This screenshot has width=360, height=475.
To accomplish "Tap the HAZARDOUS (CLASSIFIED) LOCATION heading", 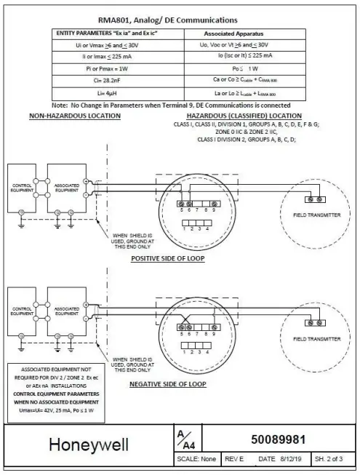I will click(243, 116).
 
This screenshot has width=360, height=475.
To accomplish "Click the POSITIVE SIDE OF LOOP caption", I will click(169, 258).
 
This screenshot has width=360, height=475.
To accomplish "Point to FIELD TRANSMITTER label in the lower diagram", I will click(317, 339).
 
